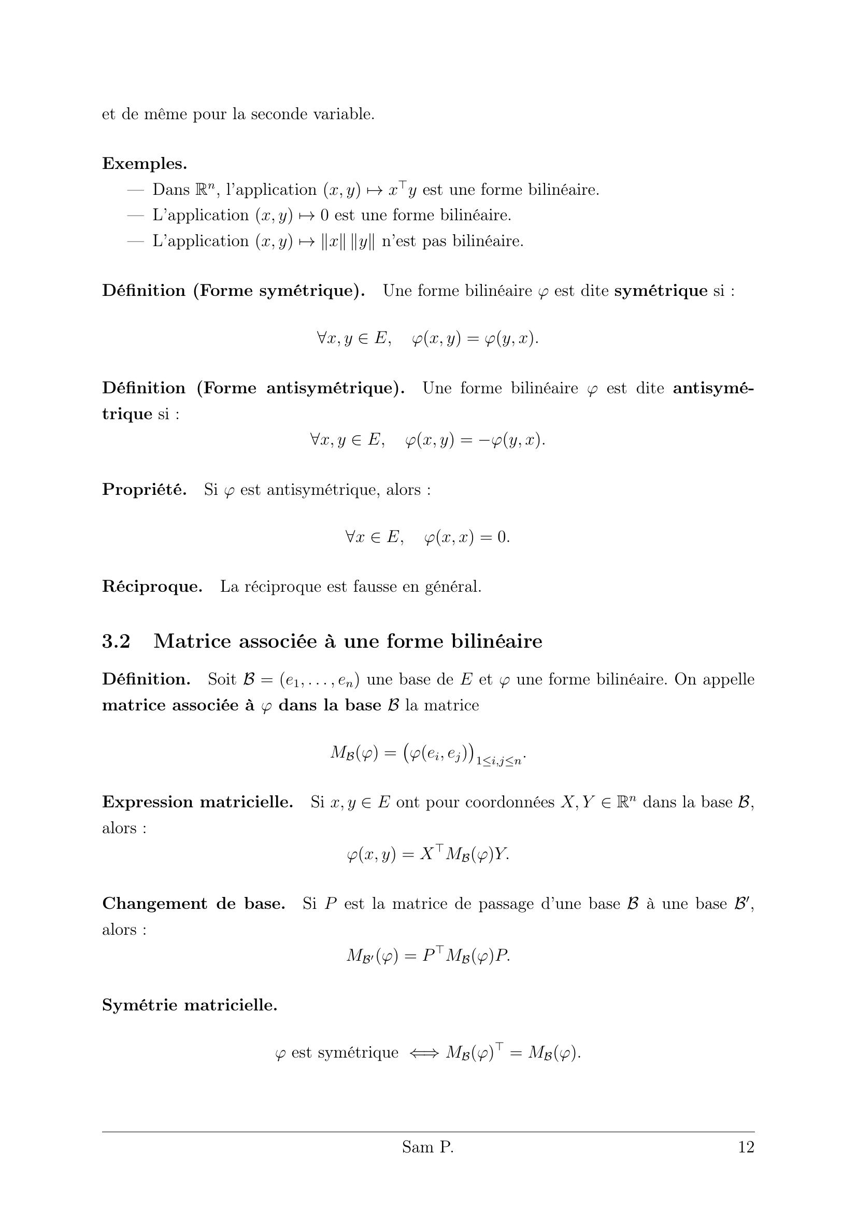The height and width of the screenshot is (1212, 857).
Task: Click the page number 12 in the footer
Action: point(746,1147)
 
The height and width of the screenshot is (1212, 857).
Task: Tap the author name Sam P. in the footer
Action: point(427,1147)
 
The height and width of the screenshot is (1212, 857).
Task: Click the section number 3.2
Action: point(116,641)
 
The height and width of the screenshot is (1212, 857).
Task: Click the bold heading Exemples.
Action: point(145,164)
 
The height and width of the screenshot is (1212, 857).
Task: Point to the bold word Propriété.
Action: point(144,490)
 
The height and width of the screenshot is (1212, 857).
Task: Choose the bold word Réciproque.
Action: point(152,587)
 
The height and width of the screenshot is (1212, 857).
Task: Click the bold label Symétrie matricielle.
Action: point(190,1005)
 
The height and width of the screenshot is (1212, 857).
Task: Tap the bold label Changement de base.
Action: point(193,904)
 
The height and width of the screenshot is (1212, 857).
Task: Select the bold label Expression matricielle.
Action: point(197,802)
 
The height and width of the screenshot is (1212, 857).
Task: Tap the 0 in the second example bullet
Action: point(324,216)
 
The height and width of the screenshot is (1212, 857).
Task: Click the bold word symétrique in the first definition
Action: point(661,291)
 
